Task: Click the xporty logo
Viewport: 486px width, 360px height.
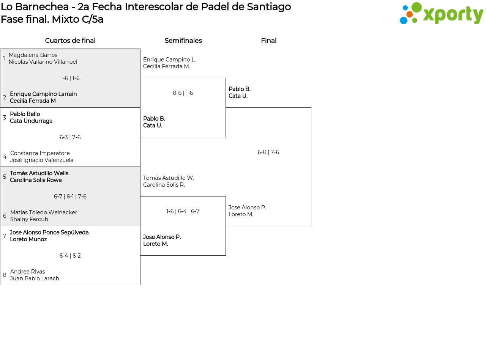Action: click(441, 14)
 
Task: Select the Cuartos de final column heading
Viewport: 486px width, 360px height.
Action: click(70, 41)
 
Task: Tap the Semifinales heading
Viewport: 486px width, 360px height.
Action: click(183, 41)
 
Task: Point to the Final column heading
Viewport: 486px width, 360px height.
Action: click(268, 41)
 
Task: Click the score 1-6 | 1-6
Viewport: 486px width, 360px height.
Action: click(70, 78)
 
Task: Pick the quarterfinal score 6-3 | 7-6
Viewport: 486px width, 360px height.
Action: click(70, 137)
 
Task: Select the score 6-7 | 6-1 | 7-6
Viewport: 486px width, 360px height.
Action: click(70, 197)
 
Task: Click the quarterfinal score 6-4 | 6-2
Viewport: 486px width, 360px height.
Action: click(70, 256)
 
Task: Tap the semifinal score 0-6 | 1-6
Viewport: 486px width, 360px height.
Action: click(183, 93)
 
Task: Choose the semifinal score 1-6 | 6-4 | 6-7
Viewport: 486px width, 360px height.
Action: click(183, 211)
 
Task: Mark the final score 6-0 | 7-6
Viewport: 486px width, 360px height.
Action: click(268, 152)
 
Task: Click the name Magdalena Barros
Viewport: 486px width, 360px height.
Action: click(33, 55)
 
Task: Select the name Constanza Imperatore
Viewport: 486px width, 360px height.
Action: click(40, 153)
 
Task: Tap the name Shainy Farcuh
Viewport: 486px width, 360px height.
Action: click(29, 219)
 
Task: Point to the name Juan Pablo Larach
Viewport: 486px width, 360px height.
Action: click(35, 278)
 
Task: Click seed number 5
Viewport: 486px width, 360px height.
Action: click(5, 177)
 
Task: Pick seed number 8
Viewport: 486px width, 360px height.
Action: click(5, 275)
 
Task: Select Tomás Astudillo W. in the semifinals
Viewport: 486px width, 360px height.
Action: click(169, 178)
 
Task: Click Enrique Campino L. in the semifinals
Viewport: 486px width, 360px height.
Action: click(169, 60)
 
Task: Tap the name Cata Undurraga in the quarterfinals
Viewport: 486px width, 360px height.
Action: click(31, 121)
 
